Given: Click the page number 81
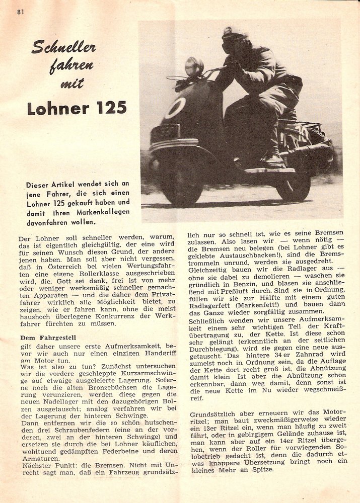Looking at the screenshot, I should (21, 12).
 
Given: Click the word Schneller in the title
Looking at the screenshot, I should (64, 48).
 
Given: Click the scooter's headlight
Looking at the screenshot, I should (194, 66).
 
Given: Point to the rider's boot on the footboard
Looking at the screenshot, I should (274, 159).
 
